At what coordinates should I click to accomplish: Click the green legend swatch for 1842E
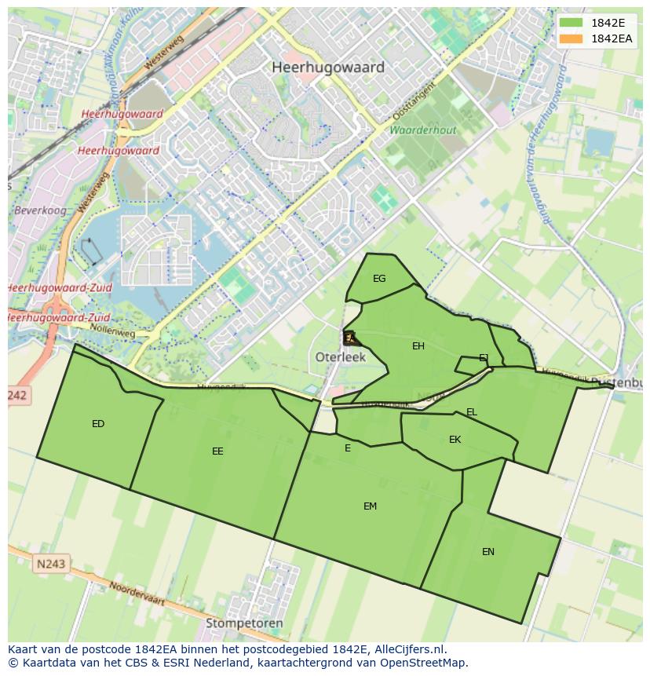click(x=571, y=23)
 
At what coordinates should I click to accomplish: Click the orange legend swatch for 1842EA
click(x=571, y=38)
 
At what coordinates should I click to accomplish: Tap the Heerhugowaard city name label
click(x=328, y=68)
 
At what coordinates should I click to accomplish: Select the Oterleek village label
click(x=341, y=356)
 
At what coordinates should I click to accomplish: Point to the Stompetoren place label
click(x=244, y=623)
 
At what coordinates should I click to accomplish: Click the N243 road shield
click(x=51, y=564)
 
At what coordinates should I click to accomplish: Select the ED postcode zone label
click(x=98, y=424)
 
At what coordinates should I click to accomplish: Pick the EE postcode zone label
click(x=217, y=451)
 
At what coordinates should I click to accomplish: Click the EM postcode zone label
click(x=370, y=506)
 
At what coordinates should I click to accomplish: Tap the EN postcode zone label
click(x=488, y=552)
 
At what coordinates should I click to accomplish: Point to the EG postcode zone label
click(x=379, y=279)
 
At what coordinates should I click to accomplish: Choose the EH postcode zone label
click(x=418, y=346)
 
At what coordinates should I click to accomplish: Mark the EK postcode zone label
click(x=455, y=440)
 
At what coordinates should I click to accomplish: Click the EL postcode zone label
click(x=471, y=412)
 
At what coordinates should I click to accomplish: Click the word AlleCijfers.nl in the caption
click(x=406, y=649)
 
